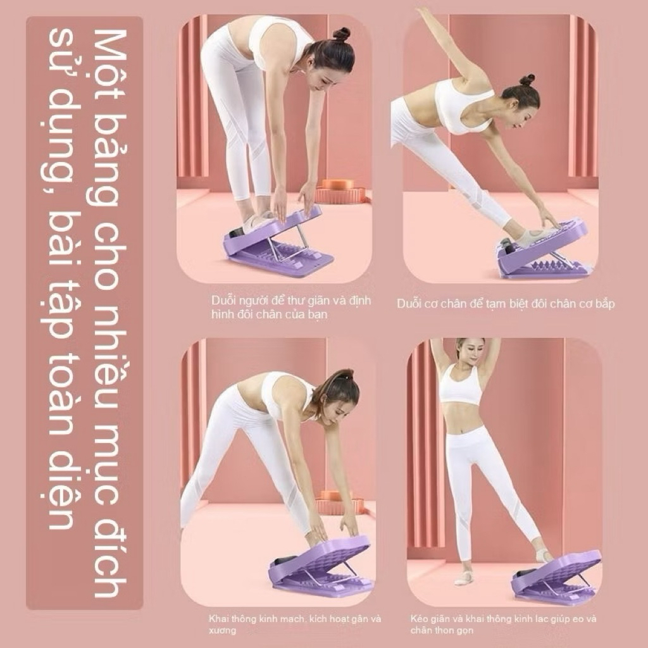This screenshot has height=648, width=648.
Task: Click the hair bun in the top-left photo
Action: point(341,34)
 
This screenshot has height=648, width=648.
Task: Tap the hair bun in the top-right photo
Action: point(527,80)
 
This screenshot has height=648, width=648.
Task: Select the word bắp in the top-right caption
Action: point(606,304)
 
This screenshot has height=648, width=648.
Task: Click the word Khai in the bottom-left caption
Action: point(218,619)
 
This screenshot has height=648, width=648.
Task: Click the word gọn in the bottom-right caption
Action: point(465,631)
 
